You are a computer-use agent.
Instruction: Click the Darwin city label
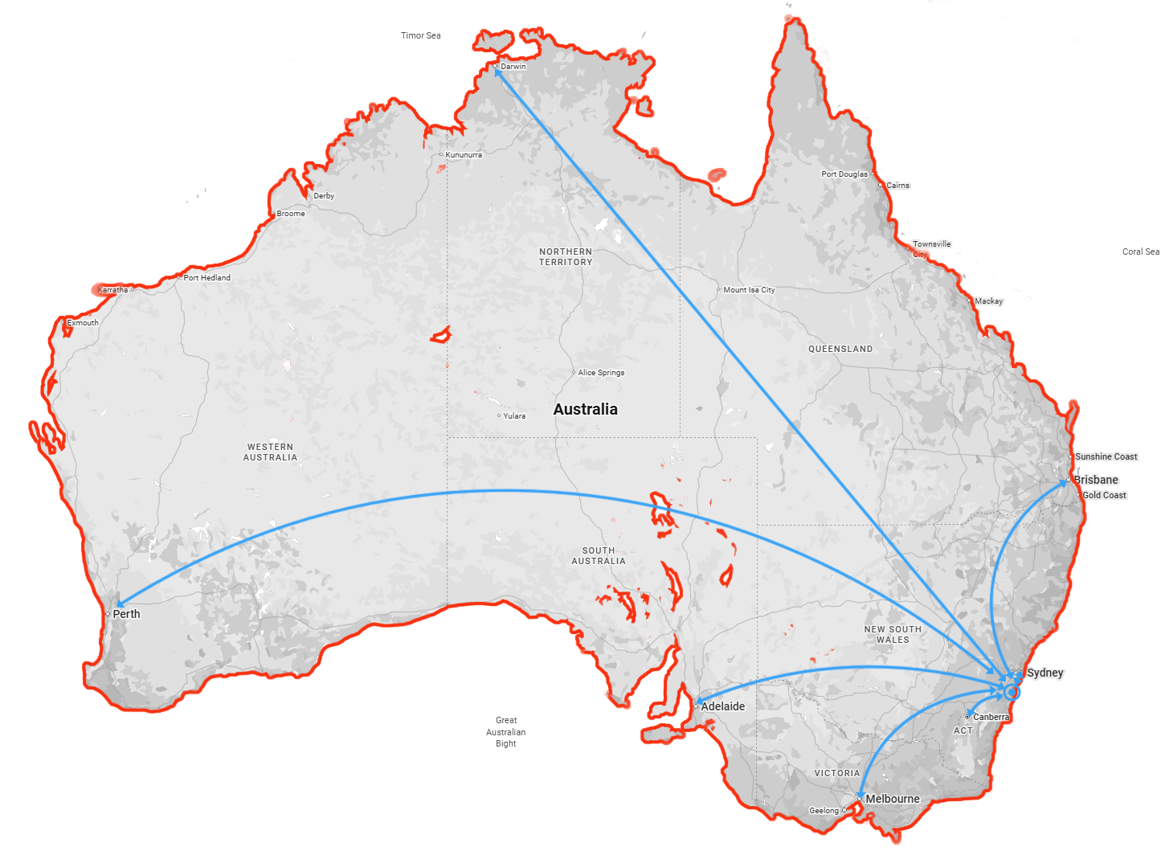pos(513,67)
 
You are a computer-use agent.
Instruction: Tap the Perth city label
pos(126,614)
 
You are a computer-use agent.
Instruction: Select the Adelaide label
pos(722,706)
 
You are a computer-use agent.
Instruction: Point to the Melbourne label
pos(892,799)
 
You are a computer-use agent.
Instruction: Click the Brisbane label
pos(1096,480)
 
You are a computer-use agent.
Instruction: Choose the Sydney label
pos(1044,673)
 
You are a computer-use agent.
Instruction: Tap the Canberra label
pos(991,717)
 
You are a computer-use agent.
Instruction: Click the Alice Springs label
pos(601,373)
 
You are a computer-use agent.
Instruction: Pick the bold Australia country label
pos(586,409)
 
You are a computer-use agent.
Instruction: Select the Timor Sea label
pos(421,35)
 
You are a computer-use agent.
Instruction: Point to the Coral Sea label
pos(1140,252)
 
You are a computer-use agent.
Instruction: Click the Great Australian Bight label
pos(506,732)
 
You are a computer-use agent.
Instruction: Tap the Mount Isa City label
pos(749,290)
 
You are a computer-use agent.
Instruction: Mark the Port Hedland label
pos(206,278)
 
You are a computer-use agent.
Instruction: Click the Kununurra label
pos(464,155)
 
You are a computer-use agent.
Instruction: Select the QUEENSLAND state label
pos(840,349)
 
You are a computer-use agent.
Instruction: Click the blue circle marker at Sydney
pos(1012,692)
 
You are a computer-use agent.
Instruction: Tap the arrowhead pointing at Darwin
pos(498,72)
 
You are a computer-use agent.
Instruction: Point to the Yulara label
pos(514,416)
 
